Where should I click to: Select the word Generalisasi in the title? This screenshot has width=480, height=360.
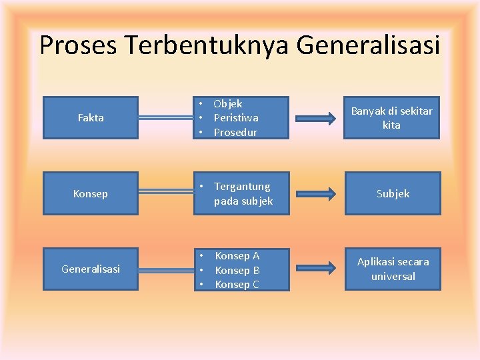[x=368, y=45]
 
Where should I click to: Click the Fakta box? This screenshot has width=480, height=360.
[x=91, y=118]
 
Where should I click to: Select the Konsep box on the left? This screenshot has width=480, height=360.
[x=91, y=193]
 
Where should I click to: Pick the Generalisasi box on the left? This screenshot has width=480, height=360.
[x=91, y=269]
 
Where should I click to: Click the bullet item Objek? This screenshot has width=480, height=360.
[x=228, y=103]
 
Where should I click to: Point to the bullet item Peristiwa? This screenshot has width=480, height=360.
[x=236, y=118]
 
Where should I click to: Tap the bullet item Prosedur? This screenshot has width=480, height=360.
[x=235, y=132]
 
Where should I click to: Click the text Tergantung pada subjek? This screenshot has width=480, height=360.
[x=243, y=193]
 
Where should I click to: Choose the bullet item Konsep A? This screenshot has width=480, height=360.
[x=237, y=256]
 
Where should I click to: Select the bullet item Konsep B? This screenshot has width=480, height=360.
[x=237, y=270]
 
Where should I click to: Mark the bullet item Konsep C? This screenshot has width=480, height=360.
[x=237, y=285]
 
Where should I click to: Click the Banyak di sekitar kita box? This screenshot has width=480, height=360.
[x=391, y=118]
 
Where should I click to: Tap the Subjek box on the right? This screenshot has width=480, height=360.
[x=393, y=193]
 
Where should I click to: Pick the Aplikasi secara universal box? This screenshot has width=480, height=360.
[x=393, y=269]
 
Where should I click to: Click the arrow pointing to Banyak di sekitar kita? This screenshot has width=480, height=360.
[x=315, y=118]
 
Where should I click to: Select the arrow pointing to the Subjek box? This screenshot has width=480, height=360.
[x=317, y=194]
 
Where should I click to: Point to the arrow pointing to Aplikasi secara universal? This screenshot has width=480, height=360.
[x=317, y=270]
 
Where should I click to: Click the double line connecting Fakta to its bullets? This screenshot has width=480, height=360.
[x=165, y=118]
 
